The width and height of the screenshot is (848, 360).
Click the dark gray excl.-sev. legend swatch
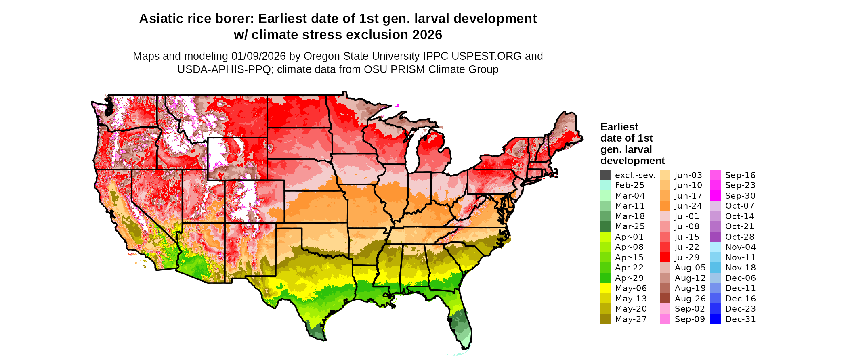click(x=605, y=175)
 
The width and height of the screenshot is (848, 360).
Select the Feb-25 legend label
click(x=630, y=185)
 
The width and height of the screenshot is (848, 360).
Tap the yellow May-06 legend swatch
click(x=605, y=288)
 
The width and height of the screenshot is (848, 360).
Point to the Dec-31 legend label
click(x=740, y=319)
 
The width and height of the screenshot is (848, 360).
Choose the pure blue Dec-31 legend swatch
click(x=715, y=319)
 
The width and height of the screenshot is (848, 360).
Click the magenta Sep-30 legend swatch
click(x=715, y=196)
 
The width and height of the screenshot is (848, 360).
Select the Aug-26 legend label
click(x=690, y=299)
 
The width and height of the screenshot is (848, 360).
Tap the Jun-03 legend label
click(x=688, y=175)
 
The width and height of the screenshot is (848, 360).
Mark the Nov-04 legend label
click(x=740, y=247)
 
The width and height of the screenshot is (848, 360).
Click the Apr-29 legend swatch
click(x=605, y=278)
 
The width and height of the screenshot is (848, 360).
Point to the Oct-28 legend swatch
click(x=715, y=237)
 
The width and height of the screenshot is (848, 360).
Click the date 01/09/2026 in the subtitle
click(x=258, y=56)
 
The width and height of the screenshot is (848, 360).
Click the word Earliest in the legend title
click(x=619, y=127)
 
